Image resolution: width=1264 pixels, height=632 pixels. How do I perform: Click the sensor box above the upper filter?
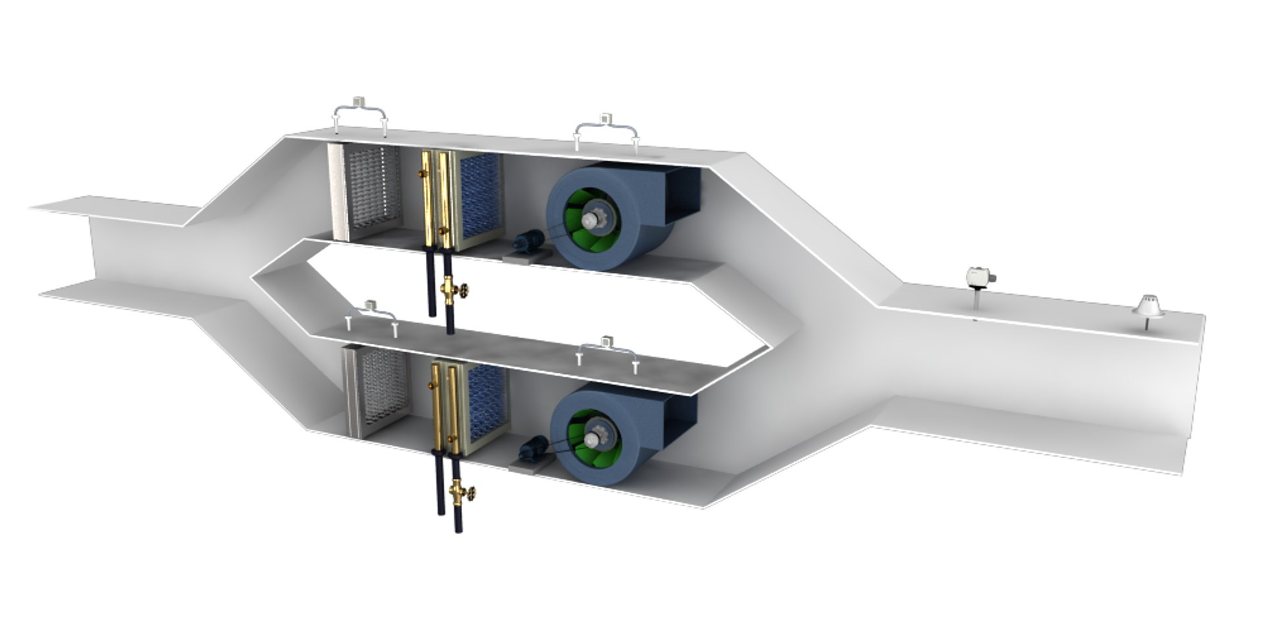[359, 102]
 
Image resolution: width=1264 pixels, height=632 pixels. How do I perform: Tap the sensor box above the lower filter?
[371, 305]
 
